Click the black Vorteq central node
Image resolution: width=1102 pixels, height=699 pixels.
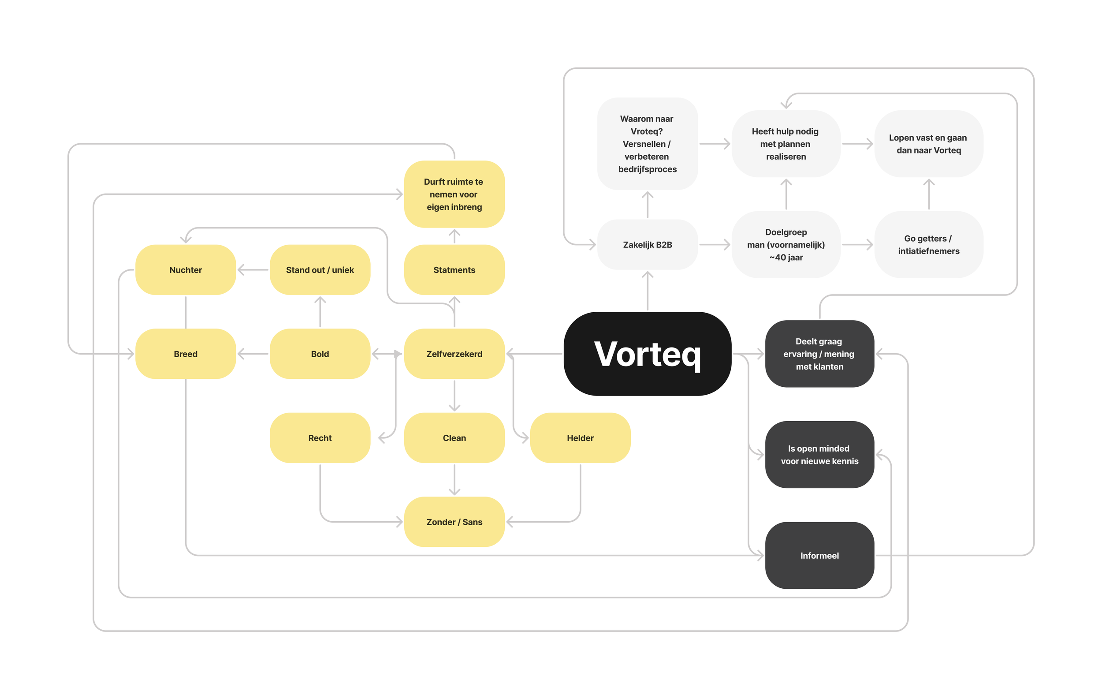click(647, 354)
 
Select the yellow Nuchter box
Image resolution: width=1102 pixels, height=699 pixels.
click(185, 269)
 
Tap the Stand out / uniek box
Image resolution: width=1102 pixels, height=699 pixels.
click(320, 269)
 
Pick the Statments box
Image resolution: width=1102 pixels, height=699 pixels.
click(454, 269)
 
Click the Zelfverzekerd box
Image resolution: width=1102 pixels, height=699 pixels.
click(454, 354)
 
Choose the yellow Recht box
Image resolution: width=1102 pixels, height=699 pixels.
click(320, 437)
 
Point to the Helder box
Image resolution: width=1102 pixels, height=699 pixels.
click(580, 437)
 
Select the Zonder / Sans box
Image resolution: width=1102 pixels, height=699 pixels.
click(454, 522)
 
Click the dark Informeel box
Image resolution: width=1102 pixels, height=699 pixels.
click(819, 555)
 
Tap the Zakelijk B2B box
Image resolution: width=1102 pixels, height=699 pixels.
click(647, 244)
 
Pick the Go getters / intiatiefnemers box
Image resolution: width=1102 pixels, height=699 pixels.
click(929, 244)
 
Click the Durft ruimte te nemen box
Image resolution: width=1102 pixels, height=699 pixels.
click(454, 194)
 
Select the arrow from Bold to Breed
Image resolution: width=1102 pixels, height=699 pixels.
click(253, 354)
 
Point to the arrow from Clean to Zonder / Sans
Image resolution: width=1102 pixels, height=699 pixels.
click(454, 479)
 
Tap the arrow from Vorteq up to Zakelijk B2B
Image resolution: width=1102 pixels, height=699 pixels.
click(647, 290)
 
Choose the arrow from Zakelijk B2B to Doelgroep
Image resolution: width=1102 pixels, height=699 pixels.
click(715, 244)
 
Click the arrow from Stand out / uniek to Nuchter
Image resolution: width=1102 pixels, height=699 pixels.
click(253, 269)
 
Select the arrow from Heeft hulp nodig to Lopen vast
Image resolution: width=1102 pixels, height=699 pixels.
click(857, 144)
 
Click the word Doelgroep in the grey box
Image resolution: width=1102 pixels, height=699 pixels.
click(786, 232)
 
